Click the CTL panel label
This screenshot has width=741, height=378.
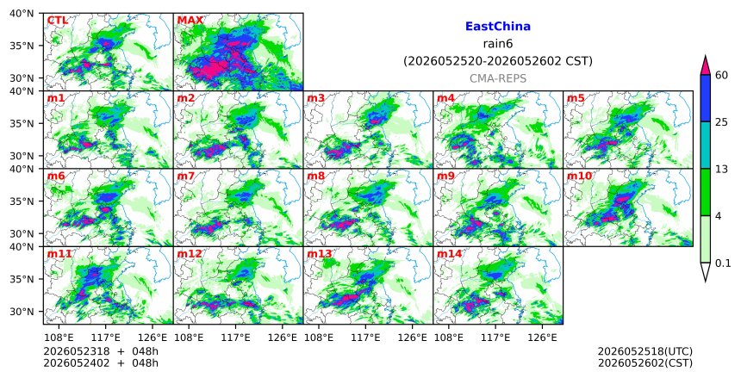point(57,21)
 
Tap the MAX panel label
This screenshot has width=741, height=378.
point(190,21)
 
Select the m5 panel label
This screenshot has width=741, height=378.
point(576,98)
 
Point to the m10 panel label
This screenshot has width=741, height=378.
point(579,177)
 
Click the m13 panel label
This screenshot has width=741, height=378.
point(319,254)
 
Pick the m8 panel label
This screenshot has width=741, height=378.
point(315,177)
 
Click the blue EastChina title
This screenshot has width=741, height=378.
point(498,27)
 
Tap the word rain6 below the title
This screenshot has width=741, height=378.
point(498,44)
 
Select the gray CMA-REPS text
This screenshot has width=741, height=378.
point(498,78)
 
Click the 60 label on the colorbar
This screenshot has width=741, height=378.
point(722,75)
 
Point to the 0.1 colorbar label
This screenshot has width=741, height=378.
point(723,263)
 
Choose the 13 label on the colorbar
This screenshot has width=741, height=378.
point(721,169)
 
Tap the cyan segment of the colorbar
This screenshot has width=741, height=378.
point(705,145)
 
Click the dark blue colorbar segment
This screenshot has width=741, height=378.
point(705,98)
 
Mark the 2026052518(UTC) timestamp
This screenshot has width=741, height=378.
point(645,351)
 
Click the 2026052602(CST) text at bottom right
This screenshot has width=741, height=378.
point(645,363)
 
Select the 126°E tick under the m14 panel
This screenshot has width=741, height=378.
point(542,338)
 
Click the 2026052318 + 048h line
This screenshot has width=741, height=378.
point(101,351)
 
